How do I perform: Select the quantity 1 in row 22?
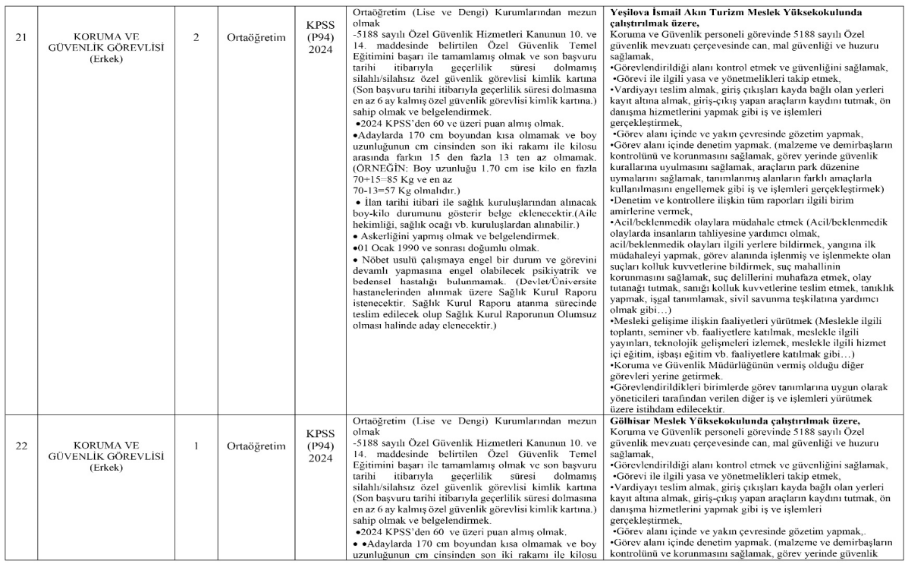tap(196, 446)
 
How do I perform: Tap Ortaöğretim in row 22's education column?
tap(256, 446)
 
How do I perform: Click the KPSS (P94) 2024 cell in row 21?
tap(320, 34)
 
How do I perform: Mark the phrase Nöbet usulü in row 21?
tap(390, 260)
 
